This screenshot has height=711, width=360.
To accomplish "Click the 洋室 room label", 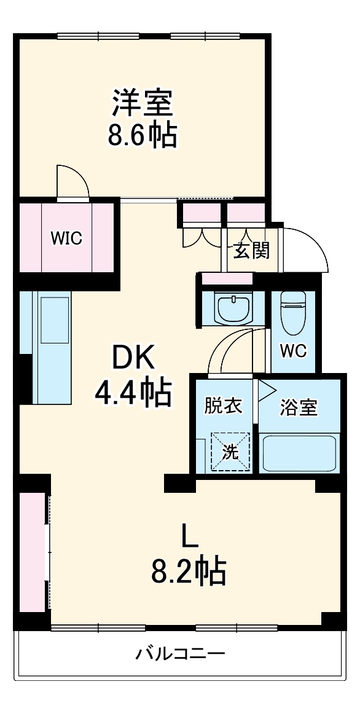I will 143,103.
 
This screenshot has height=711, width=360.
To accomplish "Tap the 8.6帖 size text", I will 143,135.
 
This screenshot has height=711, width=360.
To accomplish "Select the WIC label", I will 66,238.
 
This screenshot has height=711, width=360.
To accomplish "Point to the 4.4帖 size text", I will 133,393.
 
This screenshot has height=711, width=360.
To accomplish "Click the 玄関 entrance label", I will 251,250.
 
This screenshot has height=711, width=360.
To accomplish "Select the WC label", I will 293,351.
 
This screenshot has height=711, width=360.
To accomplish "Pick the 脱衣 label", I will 223,407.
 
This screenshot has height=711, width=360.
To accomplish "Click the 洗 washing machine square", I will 231,452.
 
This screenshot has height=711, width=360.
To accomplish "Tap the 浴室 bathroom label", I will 299,408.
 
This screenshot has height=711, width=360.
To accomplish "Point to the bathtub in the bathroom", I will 298,453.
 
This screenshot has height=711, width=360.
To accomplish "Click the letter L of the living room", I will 189,536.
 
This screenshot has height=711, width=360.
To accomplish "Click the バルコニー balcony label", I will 180,653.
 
